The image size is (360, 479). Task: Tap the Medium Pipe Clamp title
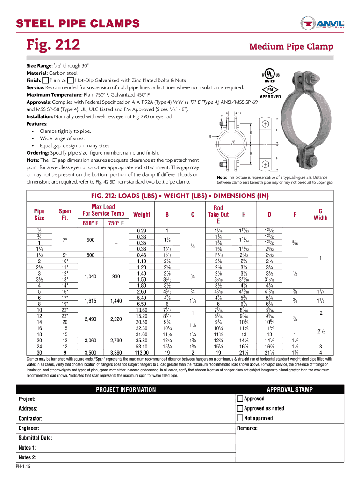coord(291,46)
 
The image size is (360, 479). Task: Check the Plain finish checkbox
coord(45,80)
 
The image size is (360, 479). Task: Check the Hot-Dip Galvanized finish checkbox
coord(71,80)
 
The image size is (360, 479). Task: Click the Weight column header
coord(142,214)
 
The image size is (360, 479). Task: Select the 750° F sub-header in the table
coord(116,223)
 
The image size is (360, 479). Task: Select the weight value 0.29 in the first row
coord(142,231)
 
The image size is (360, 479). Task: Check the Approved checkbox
coord(240,399)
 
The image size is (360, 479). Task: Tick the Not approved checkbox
coord(240,418)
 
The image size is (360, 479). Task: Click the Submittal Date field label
coord(35,438)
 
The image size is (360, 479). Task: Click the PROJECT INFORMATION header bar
coord(126,389)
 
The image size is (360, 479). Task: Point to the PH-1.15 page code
coord(23,468)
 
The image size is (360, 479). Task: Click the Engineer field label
coord(29,428)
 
